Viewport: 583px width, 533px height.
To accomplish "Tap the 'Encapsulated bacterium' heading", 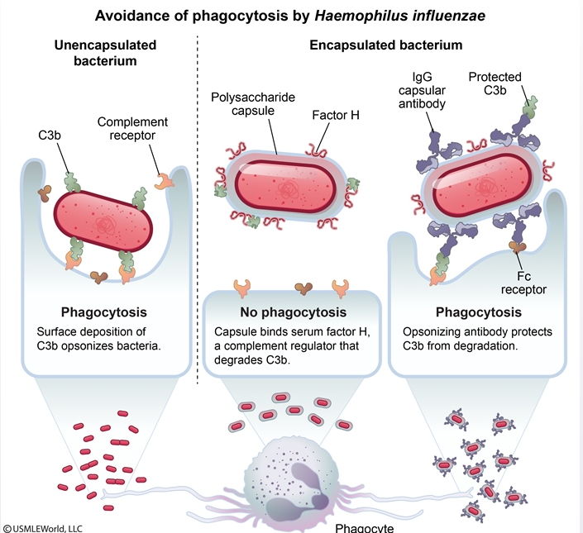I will (385, 45).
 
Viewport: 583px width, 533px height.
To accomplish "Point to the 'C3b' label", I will (49, 134).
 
